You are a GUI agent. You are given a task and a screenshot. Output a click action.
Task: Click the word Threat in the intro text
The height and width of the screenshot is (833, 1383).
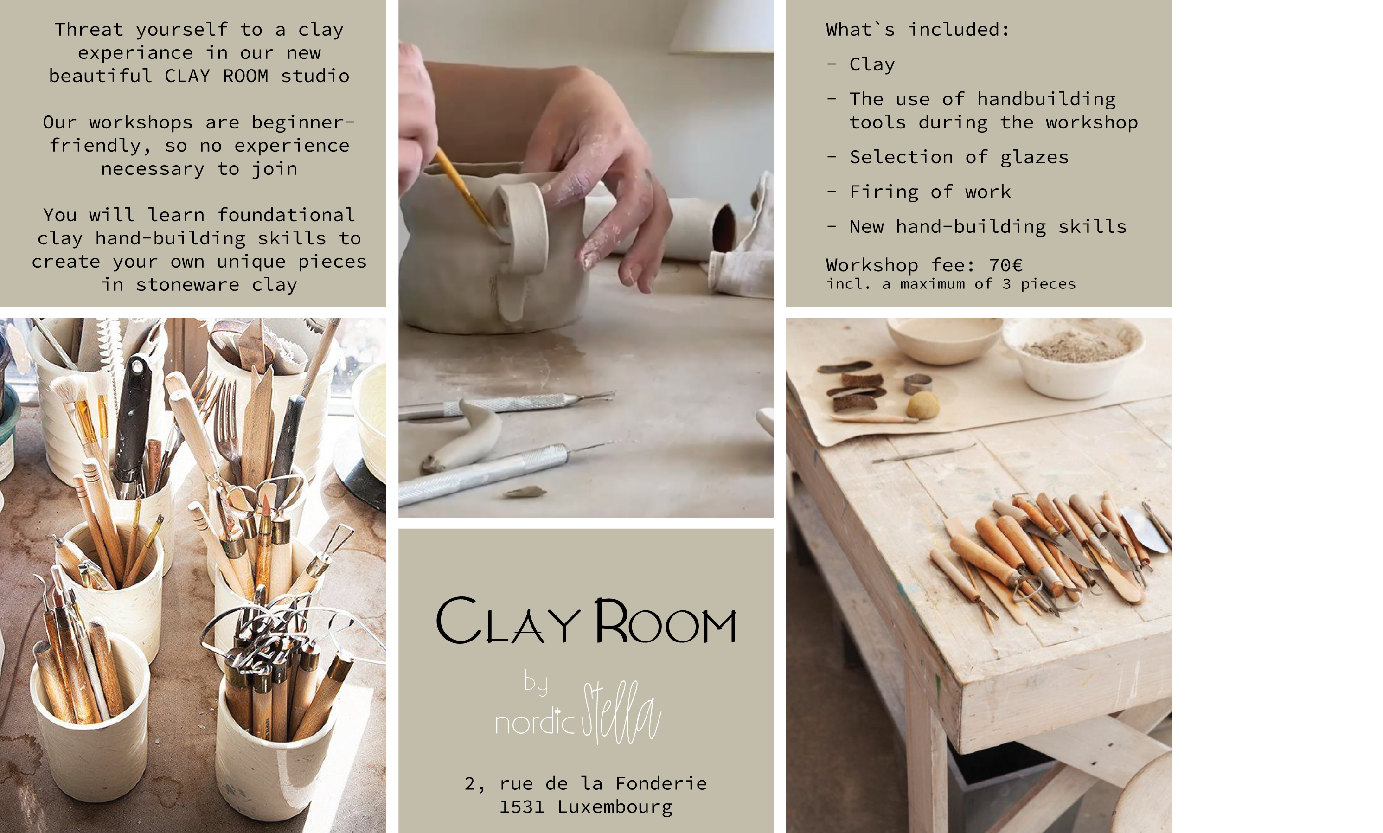click(89, 29)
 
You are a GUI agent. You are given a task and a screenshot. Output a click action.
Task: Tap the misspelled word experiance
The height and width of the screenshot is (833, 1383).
click(135, 53)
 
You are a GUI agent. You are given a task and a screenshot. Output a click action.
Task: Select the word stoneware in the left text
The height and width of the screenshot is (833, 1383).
click(187, 285)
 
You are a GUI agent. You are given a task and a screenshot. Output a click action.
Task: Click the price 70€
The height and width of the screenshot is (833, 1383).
click(1006, 264)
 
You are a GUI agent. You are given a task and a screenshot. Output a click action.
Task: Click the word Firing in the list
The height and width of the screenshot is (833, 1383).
click(884, 192)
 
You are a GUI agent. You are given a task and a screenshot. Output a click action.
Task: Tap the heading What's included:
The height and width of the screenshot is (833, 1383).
click(918, 29)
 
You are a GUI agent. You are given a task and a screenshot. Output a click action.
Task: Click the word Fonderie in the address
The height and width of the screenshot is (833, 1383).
click(661, 783)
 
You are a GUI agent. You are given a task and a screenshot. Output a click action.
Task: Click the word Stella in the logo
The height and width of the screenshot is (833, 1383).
click(621, 712)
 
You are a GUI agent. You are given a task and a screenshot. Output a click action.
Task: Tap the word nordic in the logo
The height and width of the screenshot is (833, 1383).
click(535, 722)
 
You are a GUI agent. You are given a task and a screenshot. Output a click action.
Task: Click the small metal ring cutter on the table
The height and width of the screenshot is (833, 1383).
click(918, 384)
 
